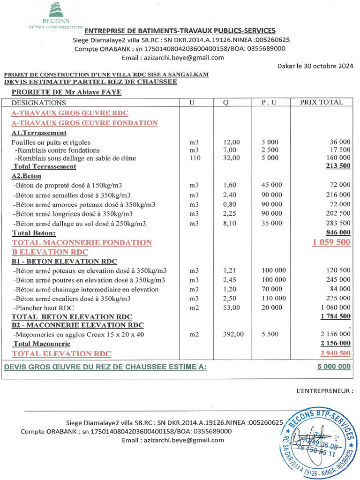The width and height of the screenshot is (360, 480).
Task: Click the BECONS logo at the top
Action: [56, 15]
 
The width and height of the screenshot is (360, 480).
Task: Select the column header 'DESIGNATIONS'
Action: [39, 102]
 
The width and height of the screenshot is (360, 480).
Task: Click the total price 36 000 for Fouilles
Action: [340, 142]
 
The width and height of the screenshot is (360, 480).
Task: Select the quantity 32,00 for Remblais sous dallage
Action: [231, 158]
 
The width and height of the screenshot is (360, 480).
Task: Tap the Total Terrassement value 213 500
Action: [336, 166]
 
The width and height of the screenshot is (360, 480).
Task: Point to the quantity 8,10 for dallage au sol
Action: [231, 223]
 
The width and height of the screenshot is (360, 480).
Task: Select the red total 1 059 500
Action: [331, 242]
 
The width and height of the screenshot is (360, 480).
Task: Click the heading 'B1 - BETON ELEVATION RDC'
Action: [64, 261]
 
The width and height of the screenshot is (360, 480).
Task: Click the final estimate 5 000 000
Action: [333, 367]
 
